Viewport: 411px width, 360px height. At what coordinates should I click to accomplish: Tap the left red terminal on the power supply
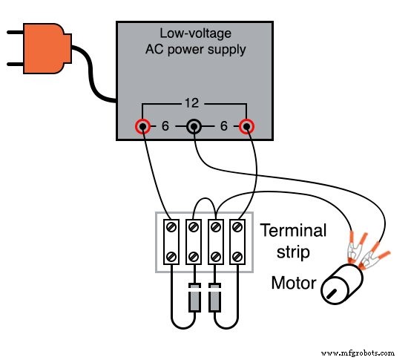click(141, 127)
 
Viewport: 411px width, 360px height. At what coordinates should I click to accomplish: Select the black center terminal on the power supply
click(194, 127)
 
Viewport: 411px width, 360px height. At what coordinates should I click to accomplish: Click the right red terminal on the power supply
click(246, 127)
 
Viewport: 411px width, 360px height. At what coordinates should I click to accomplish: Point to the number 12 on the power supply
click(194, 105)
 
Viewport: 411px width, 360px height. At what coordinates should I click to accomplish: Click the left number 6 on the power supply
click(166, 128)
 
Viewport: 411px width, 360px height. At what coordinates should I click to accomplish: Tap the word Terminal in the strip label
click(293, 231)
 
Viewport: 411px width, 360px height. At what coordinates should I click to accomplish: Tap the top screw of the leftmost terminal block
click(172, 225)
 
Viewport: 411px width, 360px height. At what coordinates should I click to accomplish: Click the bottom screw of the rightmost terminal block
click(239, 258)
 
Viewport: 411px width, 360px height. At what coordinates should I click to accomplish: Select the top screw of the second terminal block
click(194, 225)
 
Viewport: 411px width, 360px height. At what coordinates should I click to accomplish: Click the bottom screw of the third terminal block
click(217, 258)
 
